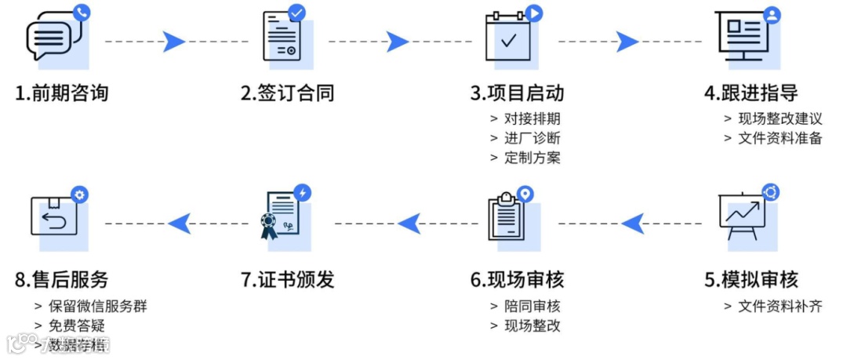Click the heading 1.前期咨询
pos(62,93)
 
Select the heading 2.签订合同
pos(288,93)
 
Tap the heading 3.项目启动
pos(518,93)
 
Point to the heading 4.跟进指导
pos(751,93)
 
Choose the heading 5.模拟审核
pos(751,279)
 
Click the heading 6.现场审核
pos(518,279)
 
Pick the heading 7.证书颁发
pos(288,279)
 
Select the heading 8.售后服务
pos(62,279)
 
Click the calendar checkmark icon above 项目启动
pos(511,38)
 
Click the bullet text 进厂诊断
pos(533,138)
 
